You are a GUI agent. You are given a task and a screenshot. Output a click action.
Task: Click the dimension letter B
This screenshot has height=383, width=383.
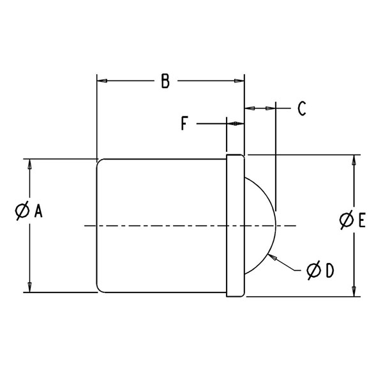pos(165,81)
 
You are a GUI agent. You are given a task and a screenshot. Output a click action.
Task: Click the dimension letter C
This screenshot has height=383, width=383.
pos(302,109)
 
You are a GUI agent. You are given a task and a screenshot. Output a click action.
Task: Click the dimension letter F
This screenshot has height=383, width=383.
pos(184,123)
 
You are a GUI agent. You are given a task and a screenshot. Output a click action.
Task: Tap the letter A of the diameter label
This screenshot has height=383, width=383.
pos(38,211)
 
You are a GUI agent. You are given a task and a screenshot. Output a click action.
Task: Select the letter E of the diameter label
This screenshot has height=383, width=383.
pos(362,220)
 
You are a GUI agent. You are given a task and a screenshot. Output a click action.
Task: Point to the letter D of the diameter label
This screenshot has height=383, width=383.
pos(330,271)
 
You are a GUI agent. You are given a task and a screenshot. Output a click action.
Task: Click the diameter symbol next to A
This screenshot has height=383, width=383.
pos(22,211)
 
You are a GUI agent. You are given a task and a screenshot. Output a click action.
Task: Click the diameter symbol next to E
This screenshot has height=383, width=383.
pos(347,220)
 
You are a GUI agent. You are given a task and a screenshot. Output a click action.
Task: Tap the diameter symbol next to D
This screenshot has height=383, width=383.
pos(314,270)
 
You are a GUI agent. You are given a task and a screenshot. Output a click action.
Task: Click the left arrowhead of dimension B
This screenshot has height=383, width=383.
pos(102,81)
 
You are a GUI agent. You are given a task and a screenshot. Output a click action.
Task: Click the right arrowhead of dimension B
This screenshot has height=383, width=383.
pos(239,81)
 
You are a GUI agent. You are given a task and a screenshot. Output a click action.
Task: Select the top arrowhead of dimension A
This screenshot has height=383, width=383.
pos(30,164)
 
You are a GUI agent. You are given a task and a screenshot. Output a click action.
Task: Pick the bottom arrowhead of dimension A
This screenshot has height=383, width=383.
pos(30,287)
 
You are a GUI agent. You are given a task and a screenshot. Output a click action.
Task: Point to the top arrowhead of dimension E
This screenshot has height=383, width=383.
pos(354,160)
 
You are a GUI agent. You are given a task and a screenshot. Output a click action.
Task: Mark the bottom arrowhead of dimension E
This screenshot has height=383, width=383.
pos(354,292)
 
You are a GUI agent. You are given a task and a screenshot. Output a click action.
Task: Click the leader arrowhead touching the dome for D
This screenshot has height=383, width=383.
pos(272,257)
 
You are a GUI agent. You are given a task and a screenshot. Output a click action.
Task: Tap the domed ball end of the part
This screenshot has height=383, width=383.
pos(275,226)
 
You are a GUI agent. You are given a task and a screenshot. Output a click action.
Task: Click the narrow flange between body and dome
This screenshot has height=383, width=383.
pos(235,226)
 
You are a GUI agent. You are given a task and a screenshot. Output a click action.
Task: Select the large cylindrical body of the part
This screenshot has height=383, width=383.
pos(161,226)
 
